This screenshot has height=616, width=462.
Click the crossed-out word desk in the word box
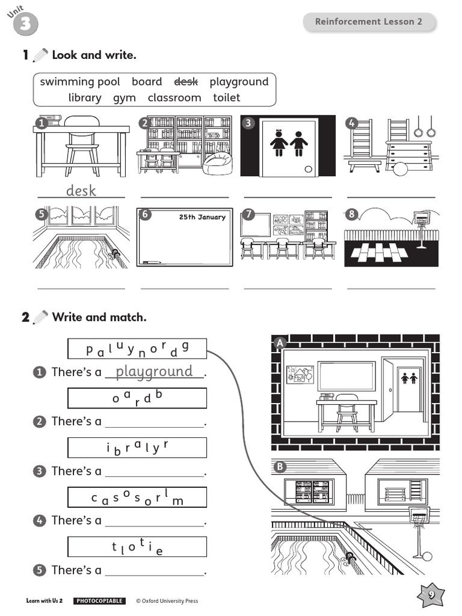pyautogui.click(x=185, y=82)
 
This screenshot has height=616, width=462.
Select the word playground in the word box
pyautogui.click(x=239, y=82)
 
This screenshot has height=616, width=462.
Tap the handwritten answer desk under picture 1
pyautogui.click(x=81, y=191)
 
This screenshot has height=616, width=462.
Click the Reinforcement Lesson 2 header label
pyautogui.click(x=369, y=22)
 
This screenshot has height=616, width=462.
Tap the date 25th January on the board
pyautogui.click(x=202, y=217)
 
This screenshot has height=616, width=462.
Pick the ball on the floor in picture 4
pyautogui.click(x=400, y=169)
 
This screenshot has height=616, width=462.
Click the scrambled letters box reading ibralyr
pyautogui.click(x=137, y=448)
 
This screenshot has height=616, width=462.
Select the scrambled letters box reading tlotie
pyautogui.click(x=137, y=547)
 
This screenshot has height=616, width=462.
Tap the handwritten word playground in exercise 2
pyautogui.click(x=155, y=371)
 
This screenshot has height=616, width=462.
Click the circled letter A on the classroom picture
pyautogui.click(x=279, y=343)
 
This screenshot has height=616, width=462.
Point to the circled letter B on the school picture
pyautogui.click(x=279, y=467)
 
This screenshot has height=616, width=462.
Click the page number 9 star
pyautogui.click(x=431, y=594)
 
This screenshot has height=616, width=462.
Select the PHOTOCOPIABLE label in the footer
pyautogui.click(x=99, y=601)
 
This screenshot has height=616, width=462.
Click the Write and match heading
pyautogui.click(x=99, y=317)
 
